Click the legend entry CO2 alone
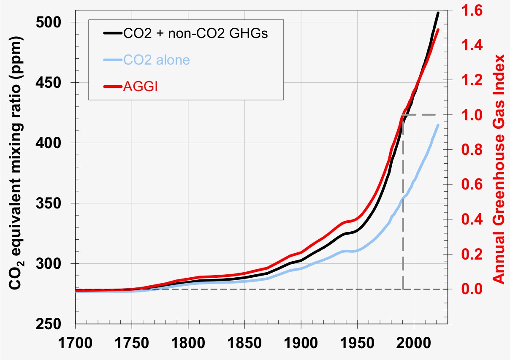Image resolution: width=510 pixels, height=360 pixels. pyautogui.click(x=157, y=60)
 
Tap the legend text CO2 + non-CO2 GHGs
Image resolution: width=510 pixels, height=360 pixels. pyautogui.click(x=195, y=34)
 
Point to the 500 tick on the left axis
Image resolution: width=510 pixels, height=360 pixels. pyautogui.click(x=57, y=22)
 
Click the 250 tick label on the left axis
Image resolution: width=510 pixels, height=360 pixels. pyautogui.click(x=57, y=324)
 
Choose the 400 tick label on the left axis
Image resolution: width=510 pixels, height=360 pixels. pyautogui.click(x=57, y=143)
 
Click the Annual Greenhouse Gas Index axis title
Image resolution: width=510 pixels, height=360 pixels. pyautogui.click(x=499, y=168)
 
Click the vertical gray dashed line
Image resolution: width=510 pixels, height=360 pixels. pyautogui.click(x=403, y=203)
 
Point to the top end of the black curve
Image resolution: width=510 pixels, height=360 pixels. pyautogui.click(x=438, y=13)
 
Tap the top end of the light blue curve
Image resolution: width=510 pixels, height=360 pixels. pyautogui.click(x=438, y=125)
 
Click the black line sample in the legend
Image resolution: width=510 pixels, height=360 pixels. pyautogui.click(x=111, y=34)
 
